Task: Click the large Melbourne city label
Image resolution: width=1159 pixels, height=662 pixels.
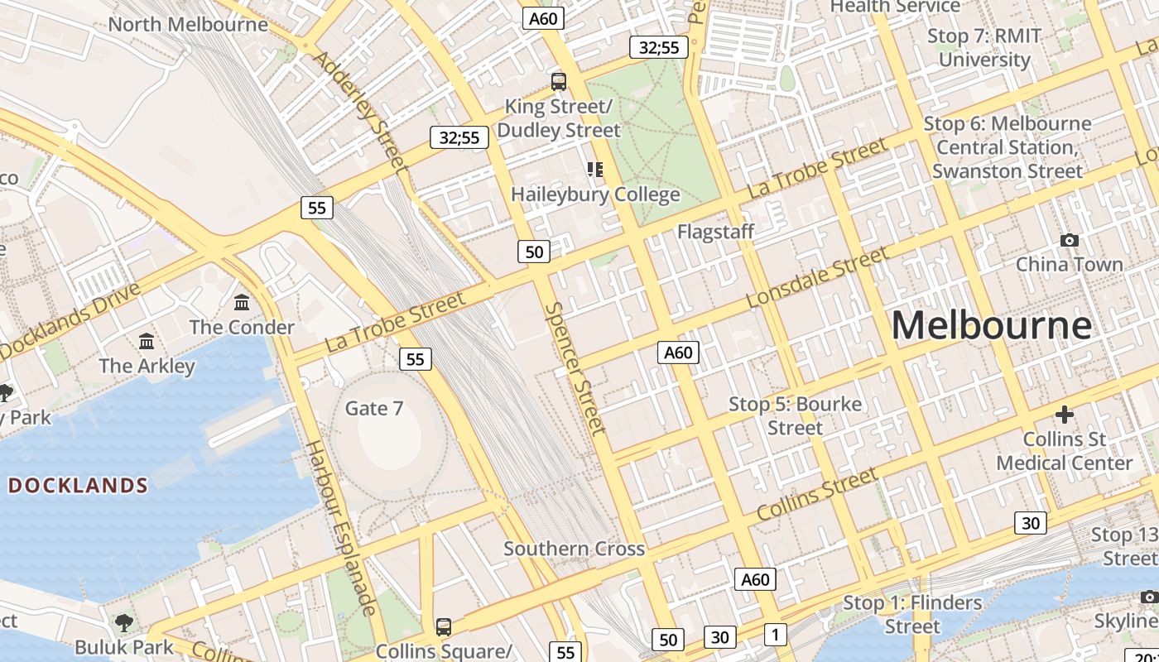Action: tap(991, 324)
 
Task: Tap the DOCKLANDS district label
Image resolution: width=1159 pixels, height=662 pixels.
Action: tap(78, 486)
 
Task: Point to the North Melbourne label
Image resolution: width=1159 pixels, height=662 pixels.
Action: tap(188, 24)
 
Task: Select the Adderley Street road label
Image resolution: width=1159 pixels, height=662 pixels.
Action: tap(363, 113)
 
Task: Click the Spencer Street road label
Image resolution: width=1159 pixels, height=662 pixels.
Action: tap(575, 368)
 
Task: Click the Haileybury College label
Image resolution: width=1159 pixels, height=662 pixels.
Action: tap(595, 194)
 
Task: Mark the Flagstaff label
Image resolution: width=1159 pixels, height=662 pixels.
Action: tap(715, 232)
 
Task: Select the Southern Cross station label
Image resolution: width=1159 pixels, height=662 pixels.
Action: tap(574, 549)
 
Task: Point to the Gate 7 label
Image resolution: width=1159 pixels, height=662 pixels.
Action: tap(374, 408)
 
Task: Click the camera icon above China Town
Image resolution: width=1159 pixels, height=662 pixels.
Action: tap(1070, 241)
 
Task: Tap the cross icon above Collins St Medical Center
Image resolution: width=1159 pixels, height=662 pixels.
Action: tap(1065, 414)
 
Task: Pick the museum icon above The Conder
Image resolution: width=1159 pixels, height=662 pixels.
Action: tap(242, 303)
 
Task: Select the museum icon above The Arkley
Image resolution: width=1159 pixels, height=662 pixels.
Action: tap(147, 341)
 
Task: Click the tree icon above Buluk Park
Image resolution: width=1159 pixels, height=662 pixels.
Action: tap(124, 622)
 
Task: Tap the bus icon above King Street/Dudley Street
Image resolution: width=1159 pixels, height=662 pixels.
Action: tap(559, 82)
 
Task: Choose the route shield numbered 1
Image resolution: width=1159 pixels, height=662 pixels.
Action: tap(775, 635)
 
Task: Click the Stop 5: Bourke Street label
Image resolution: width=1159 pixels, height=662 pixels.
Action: tap(795, 415)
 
